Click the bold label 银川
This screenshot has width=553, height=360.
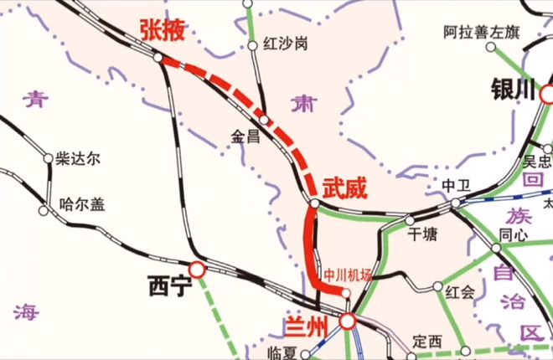coord(514,89)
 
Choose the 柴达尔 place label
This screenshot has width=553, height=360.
coord(78,157)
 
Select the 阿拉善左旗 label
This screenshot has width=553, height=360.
coord(483,33)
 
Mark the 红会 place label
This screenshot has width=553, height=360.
coord(460,291)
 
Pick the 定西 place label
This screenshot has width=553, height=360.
coord(426,342)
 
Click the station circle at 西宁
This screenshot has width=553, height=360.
coord(197,270)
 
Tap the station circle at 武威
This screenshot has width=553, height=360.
coord(313,203)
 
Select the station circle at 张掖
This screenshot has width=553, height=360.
coord(158,57)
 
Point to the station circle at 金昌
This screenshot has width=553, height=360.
coord(263,121)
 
